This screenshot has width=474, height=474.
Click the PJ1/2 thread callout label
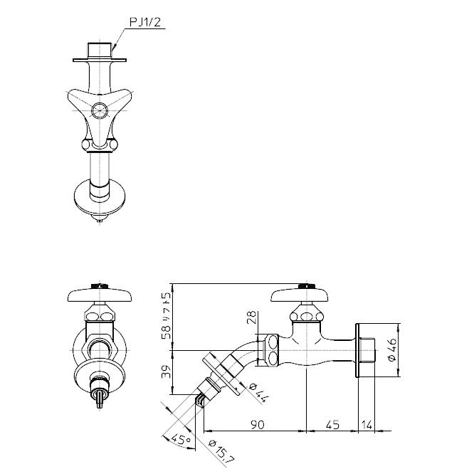click(x=145, y=22)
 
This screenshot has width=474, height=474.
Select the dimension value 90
click(x=258, y=425)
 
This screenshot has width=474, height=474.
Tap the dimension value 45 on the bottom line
click(x=332, y=425)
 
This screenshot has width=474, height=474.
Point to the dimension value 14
click(x=367, y=425)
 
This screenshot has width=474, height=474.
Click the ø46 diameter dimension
click(x=392, y=349)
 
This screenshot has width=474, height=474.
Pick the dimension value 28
click(x=251, y=317)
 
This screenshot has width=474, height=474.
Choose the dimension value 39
click(x=166, y=372)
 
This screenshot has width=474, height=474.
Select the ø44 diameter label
click(x=258, y=392)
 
